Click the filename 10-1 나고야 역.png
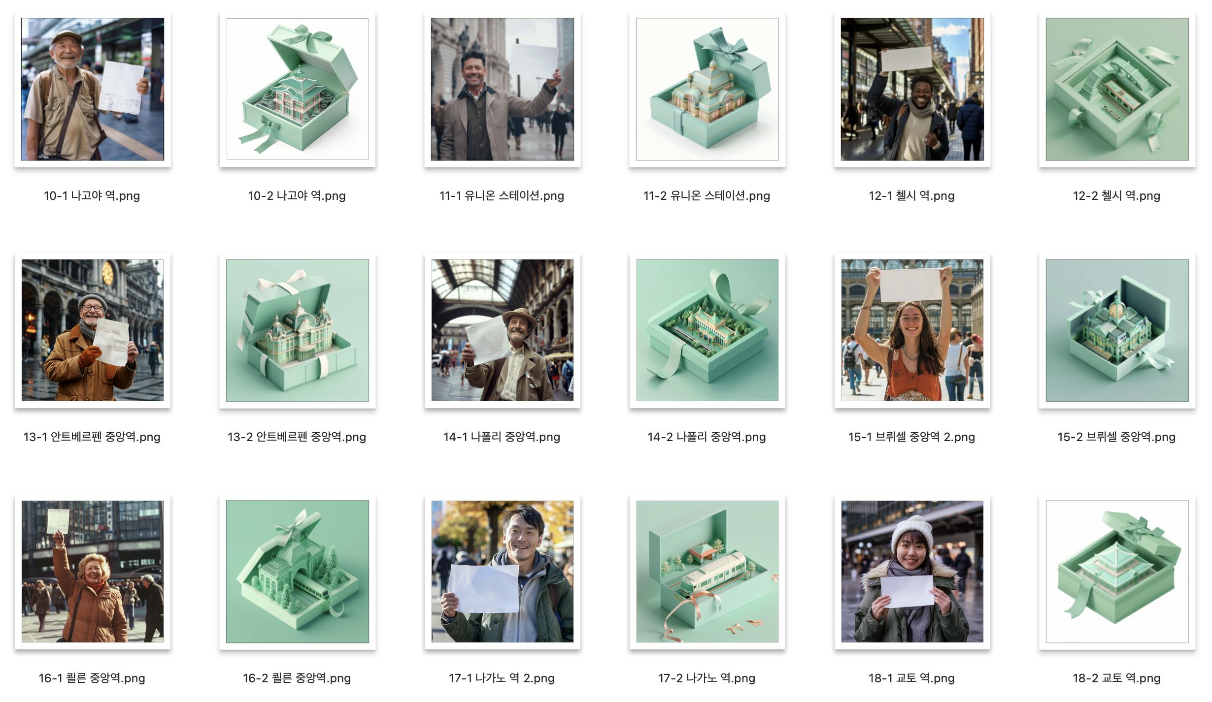(92, 196)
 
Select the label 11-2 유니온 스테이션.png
(707, 196)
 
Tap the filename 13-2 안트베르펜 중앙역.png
(297, 437)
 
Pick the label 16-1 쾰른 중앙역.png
(92, 678)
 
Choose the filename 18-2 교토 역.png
(1116, 678)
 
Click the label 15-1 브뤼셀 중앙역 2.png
(911, 437)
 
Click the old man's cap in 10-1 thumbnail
(67, 37)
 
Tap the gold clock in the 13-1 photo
(108, 273)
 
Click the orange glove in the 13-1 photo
(90, 356)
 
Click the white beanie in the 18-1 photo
(912, 532)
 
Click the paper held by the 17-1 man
(484, 588)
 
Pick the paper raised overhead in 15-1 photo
(911, 284)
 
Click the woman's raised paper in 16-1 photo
(58, 521)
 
